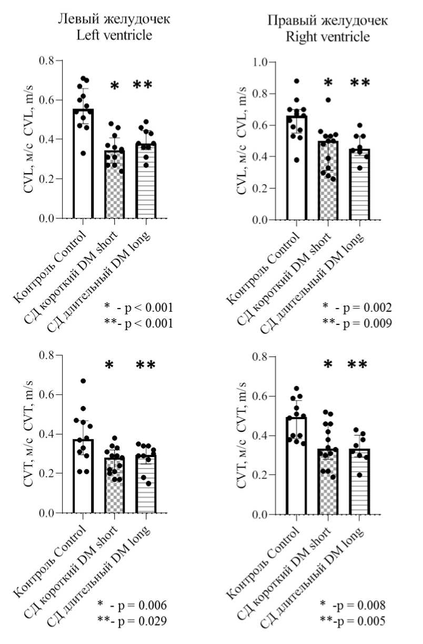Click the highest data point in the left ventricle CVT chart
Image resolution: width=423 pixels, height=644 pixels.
pyautogui.click(x=83, y=381)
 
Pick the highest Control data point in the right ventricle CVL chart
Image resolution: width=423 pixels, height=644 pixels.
pyautogui.click(x=296, y=81)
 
